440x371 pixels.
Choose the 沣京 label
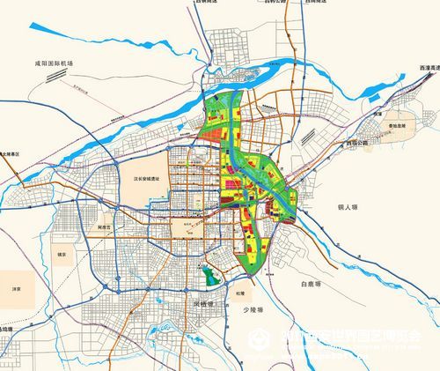tap(14, 288)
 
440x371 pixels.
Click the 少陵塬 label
tap(253, 308)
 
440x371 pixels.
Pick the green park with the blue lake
tap(209, 276)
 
